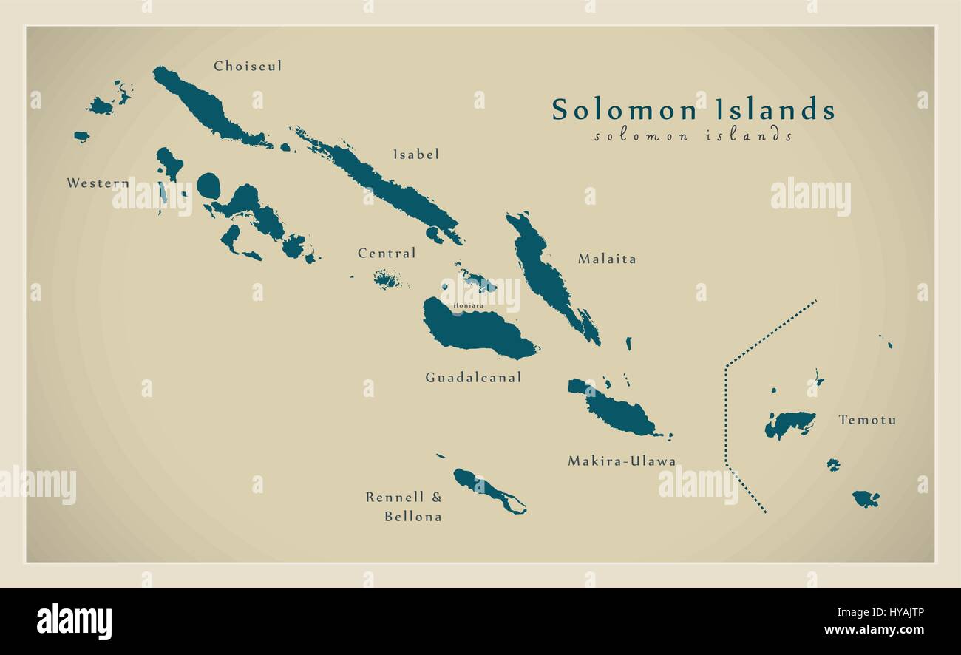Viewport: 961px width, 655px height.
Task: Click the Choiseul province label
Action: coord(248,67)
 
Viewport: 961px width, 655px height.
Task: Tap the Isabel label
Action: coord(415,155)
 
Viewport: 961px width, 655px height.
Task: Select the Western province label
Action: coord(98,183)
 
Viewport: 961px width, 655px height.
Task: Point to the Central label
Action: coord(387,254)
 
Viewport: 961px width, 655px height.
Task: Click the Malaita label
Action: coord(607,259)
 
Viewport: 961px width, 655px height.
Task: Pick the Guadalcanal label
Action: coord(473,378)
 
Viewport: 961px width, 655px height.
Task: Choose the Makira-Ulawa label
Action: coord(622,461)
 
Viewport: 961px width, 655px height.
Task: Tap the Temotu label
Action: coord(867,420)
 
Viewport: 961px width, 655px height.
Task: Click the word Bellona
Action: coord(412,517)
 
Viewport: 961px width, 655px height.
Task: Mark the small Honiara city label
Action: coord(469,305)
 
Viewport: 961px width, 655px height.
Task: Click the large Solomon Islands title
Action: coord(693,109)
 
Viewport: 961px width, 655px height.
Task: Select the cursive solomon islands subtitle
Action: coord(693,136)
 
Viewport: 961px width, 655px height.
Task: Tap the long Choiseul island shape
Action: coord(203,107)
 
